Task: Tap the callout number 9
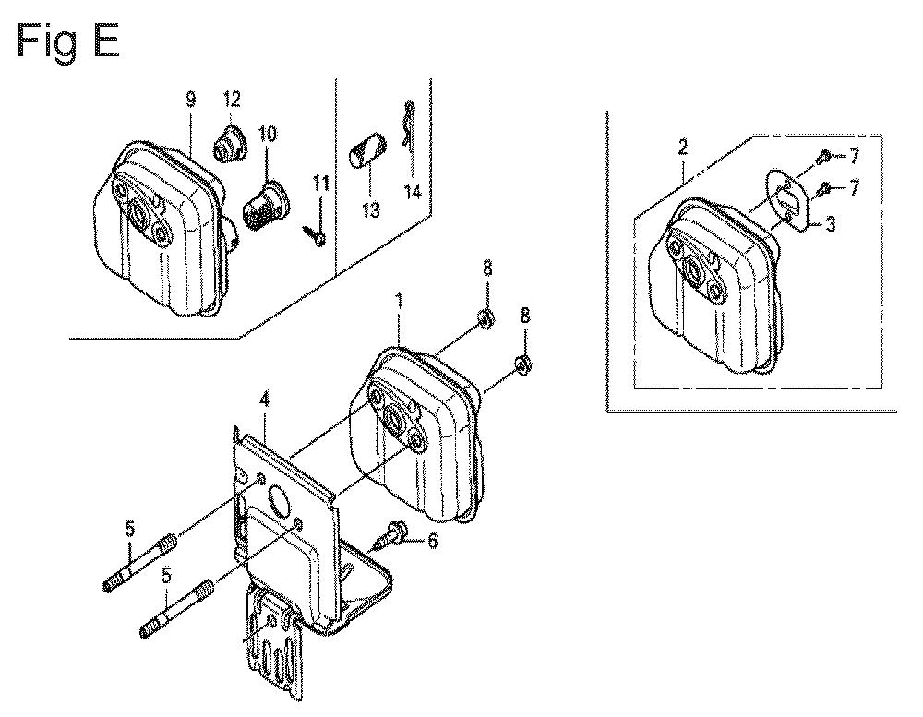tap(191, 101)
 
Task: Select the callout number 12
tap(232, 99)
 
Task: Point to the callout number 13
tap(371, 210)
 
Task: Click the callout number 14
tap(413, 192)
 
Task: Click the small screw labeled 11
tap(315, 234)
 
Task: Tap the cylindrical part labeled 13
tap(367, 150)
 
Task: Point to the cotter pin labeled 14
tap(408, 126)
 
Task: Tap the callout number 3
tap(831, 224)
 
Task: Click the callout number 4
tap(264, 400)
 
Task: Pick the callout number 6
tap(433, 541)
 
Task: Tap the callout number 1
tap(399, 303)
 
